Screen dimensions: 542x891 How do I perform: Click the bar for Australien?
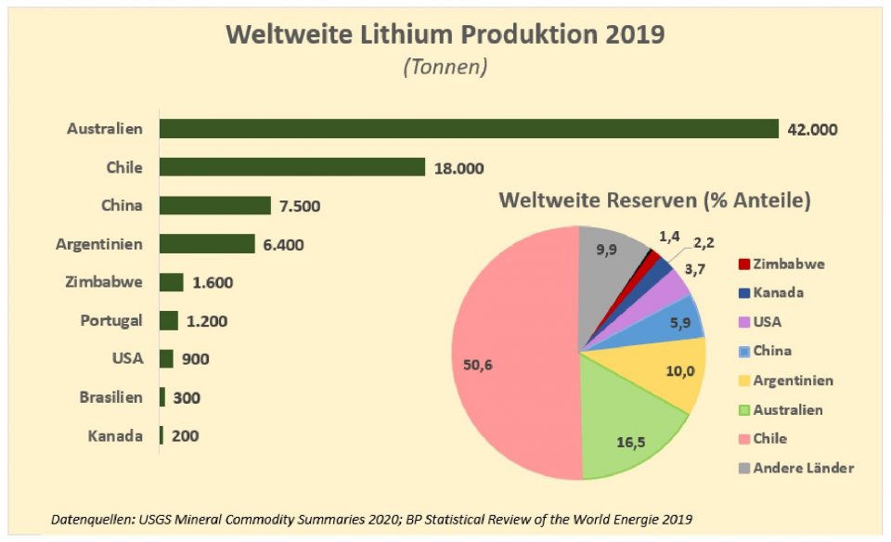tap(469, 129)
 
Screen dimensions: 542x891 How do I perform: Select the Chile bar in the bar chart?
tap(292, 167)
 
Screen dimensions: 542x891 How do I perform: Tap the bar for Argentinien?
tap(207, 244)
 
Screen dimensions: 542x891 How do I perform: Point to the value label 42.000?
tap(812, 129)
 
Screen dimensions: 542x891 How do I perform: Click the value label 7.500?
tap(300, 206)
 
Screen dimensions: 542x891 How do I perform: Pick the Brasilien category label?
tap(110, 397)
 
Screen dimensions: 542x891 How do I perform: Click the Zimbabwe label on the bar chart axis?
tap(105, 282)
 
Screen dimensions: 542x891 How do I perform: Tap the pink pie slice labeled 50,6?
tap(501, 362)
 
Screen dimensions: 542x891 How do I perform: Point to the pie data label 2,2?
tap(706, 243)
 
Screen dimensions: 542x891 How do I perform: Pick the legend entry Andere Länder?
tap(804, 467)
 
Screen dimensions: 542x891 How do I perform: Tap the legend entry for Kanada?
tap(779, 292)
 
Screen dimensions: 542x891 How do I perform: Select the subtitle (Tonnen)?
tap(445, 68)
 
